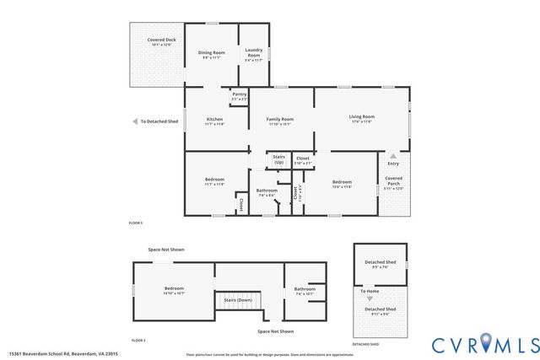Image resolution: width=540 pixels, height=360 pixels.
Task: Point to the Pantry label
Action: [x=240, y=96]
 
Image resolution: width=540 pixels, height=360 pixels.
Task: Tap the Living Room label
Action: [x=362, y=118]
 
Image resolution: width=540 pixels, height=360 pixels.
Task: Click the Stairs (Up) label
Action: [x=278, y=159]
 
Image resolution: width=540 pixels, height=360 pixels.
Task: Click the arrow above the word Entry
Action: [x=392, y=155]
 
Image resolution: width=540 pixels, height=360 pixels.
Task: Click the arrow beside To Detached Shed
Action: [x=135, y=121]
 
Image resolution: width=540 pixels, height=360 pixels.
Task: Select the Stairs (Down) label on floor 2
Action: [x=237, y=299]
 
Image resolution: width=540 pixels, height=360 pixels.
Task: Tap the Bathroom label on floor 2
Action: [x=305, y=291]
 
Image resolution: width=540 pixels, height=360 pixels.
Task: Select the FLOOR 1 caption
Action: [x=136, y=223]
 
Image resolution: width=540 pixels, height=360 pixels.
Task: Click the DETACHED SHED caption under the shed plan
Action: [x=365, y=344]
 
